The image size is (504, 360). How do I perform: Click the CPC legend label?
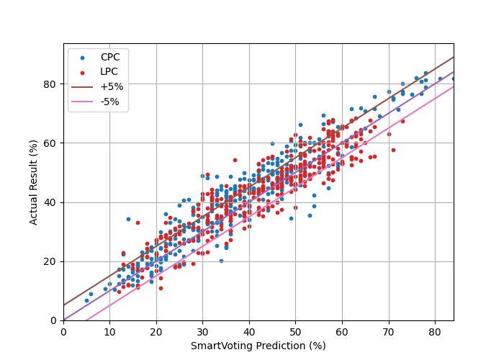pyautogui.click(x=110, y=57)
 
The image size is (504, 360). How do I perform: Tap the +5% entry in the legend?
pyautogui.click(x=112, y=86)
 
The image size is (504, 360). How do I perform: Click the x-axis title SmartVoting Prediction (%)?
pyautogui.click(x=258, y=346)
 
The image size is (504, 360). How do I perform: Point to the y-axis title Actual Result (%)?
pyautogui.click(x=34, y=181)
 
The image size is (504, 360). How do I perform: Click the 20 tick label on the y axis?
pyautogui.click(x=51, y=261)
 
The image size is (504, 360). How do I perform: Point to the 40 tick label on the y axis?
pyautogui.click(x=51, y=202)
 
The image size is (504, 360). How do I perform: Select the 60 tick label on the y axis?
pyautogui.click(x=51, y=143)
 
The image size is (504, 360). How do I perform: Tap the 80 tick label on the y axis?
pyautogui.click(x=51, y=84)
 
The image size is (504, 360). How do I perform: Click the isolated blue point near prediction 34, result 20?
pyautogui.click(x=221, y=261)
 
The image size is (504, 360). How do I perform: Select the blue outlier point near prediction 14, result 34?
pyautogui.click(x=128, y=219)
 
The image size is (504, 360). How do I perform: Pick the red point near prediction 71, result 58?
pyautogui.click(x=393, y=150)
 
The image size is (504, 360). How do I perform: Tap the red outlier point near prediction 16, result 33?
pyautogui.click(x=138, y=222)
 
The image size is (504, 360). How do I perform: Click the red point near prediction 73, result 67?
pyautogui.click(x=402, y=121)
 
